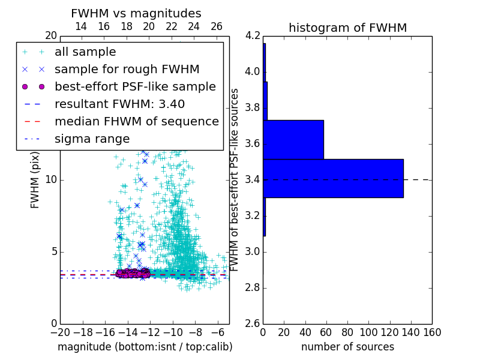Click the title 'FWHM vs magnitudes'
click(136, 13)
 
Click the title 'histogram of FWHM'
click(347, 28)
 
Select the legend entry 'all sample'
click(85, 52)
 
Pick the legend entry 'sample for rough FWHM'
click(127, 69)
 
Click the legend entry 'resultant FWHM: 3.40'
click(119, 104)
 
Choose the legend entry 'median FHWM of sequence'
click(136, 121)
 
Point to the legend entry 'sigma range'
click(92, 139)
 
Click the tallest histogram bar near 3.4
click(333, 178)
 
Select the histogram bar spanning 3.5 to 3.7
click(293, 139)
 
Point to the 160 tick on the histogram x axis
click(432, 332)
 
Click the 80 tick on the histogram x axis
click(347, 332)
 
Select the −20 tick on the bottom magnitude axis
click(60, 332)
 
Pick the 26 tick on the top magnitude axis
click(217, 26)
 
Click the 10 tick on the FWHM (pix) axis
click(51, 179)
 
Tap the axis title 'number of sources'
click(347, 347)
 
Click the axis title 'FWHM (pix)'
click(35, 179)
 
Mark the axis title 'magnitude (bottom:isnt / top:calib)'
click(145, 347)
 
